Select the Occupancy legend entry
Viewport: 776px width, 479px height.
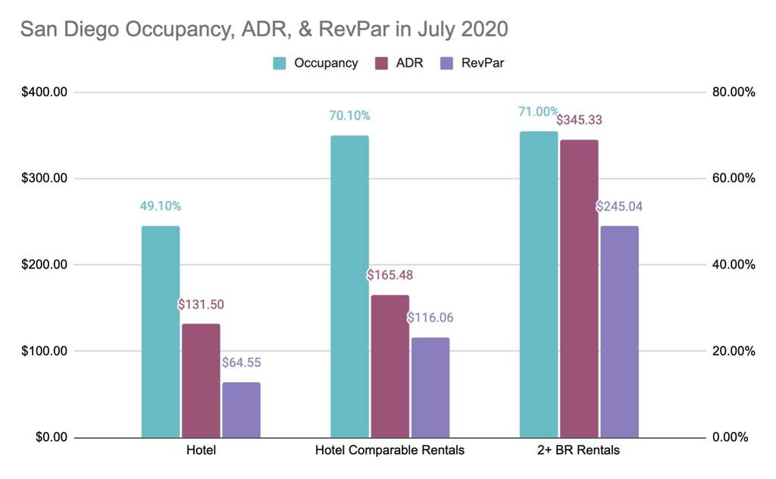[x=315, y=63]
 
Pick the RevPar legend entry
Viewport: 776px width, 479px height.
[x=471, y=63]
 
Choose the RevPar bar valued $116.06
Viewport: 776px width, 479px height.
[x=430, y=387]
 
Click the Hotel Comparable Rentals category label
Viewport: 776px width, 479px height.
[x=390, y=450]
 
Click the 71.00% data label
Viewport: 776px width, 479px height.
[x=538, y=111]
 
